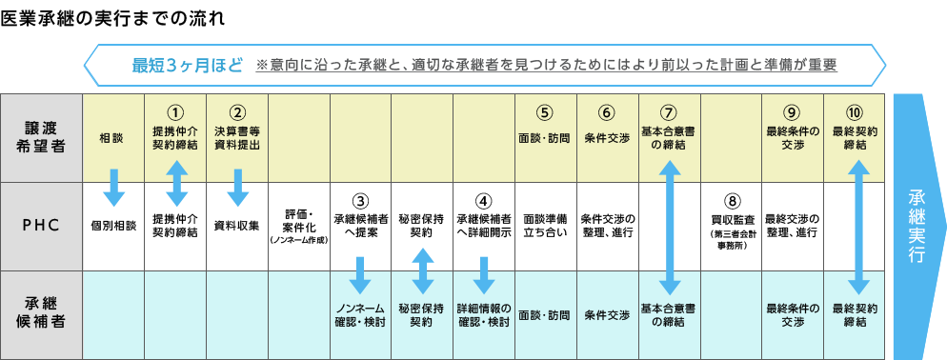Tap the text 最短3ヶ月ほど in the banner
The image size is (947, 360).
pyautogui.click(x=187, y=66)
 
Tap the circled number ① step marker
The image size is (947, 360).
pyautogui.click(x=174, y=111)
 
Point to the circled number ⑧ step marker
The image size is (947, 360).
pyautogui.click(x=731, y=202)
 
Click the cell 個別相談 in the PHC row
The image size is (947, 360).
pyautogui.click(x=113, y=227)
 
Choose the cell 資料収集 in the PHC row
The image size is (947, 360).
pyautogui.click(x=236, y=227)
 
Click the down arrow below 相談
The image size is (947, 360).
pyautogui.click(x=113, y=184)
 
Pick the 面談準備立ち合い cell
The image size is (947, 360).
pyautogui.click(x=546, y=226)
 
